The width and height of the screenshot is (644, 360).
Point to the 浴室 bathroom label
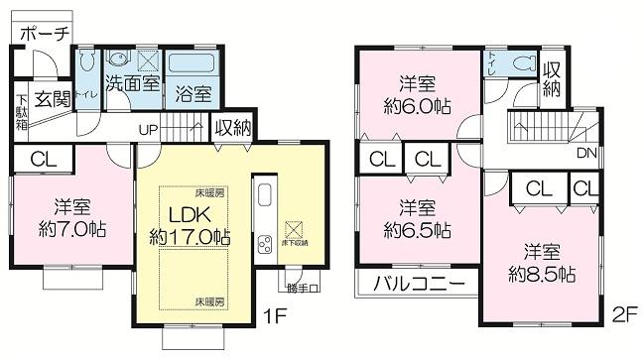click(193, 95)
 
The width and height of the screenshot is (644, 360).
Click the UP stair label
click(149, 130)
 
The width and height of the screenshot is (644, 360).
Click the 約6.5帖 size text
click(416, 229)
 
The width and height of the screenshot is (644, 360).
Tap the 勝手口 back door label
click(302, 290)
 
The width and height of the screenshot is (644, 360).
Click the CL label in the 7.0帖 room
click(42, 159)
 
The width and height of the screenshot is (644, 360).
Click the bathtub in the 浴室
click(193, 63)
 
